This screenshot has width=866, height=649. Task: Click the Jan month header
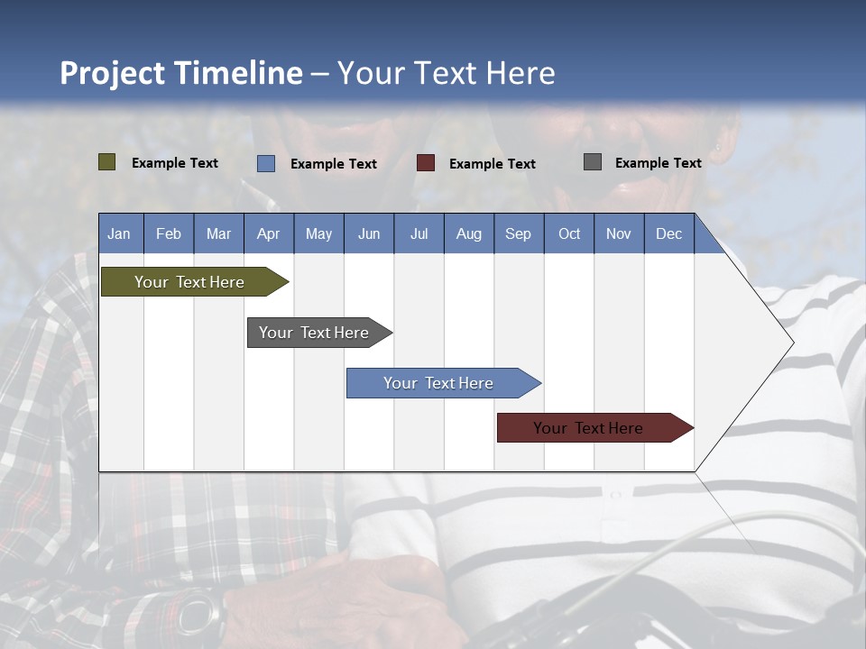pyautogui.click(x=120, y=233)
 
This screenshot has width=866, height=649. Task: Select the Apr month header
pyautogui.click(x=268, y=233)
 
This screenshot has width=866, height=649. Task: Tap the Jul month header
pyautogui.click(x=419, y=233)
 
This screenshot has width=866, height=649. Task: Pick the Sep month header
pyautogui.click(x=518, y=233)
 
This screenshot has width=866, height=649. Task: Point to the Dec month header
pyautogui.click(x=668, y=233)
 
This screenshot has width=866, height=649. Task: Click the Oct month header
pyautogui.click(x=569, y=233)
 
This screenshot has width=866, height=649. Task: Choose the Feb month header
pyautogui.click(x=169, y=233)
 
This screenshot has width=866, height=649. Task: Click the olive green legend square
pyautogui.click(x=107, y=162)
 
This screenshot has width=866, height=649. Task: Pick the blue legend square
pyautogui.click(x=266, y=163)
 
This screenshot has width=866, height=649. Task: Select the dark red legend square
pyautogui.click(x=426, y=163)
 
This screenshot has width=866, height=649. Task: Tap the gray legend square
pyautogui.click(x=593, y=162)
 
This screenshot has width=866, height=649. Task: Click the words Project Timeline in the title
pyautogui.click(x=180, y=73)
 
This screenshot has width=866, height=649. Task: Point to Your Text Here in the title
pyautogui.click(x=447, y=73)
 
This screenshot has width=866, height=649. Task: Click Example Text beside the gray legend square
pyautogui.click(x=658, y=163)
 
